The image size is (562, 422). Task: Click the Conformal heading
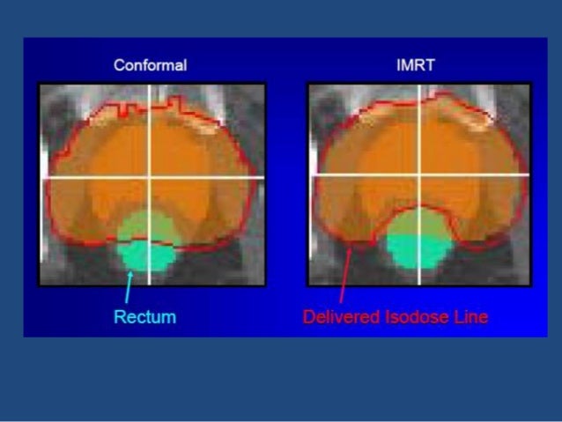[149, 65]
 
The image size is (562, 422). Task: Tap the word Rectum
[144, 316]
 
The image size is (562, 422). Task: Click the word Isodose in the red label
[414, 316]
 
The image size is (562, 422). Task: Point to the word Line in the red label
[470, 316]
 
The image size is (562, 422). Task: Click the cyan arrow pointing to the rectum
[129, 287]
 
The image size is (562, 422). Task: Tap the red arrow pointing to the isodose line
[344, 274]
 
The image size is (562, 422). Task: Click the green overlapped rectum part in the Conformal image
[145, 227]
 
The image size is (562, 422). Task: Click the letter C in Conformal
[118, 65]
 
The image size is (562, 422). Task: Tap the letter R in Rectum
[119, 316]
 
